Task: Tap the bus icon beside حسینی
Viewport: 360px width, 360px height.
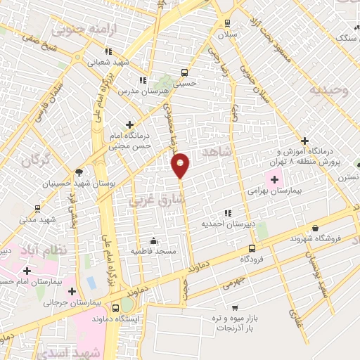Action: point(185,72)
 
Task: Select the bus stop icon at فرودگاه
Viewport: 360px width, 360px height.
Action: point(252,248)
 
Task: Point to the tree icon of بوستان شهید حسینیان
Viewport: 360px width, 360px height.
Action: point(78,172)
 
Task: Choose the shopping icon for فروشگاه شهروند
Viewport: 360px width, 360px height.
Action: point(315,228)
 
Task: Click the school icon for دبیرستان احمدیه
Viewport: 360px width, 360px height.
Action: point(227,212)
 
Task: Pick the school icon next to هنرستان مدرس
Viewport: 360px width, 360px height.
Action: point(143,80)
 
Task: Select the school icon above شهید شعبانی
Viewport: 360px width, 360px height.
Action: point(108,51)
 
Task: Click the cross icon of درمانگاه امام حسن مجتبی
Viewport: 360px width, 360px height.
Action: point(129,124)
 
